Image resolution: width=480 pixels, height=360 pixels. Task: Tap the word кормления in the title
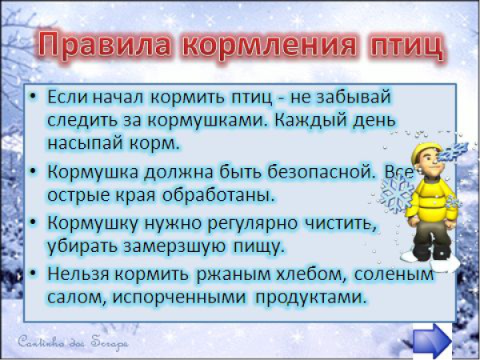point(268,46)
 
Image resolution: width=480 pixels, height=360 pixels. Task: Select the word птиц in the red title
point(400,46)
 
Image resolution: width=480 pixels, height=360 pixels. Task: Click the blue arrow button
point(433,339)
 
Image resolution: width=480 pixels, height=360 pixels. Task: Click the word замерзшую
point(199,246)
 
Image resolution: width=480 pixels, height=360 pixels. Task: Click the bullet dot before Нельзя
point(34,275)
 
